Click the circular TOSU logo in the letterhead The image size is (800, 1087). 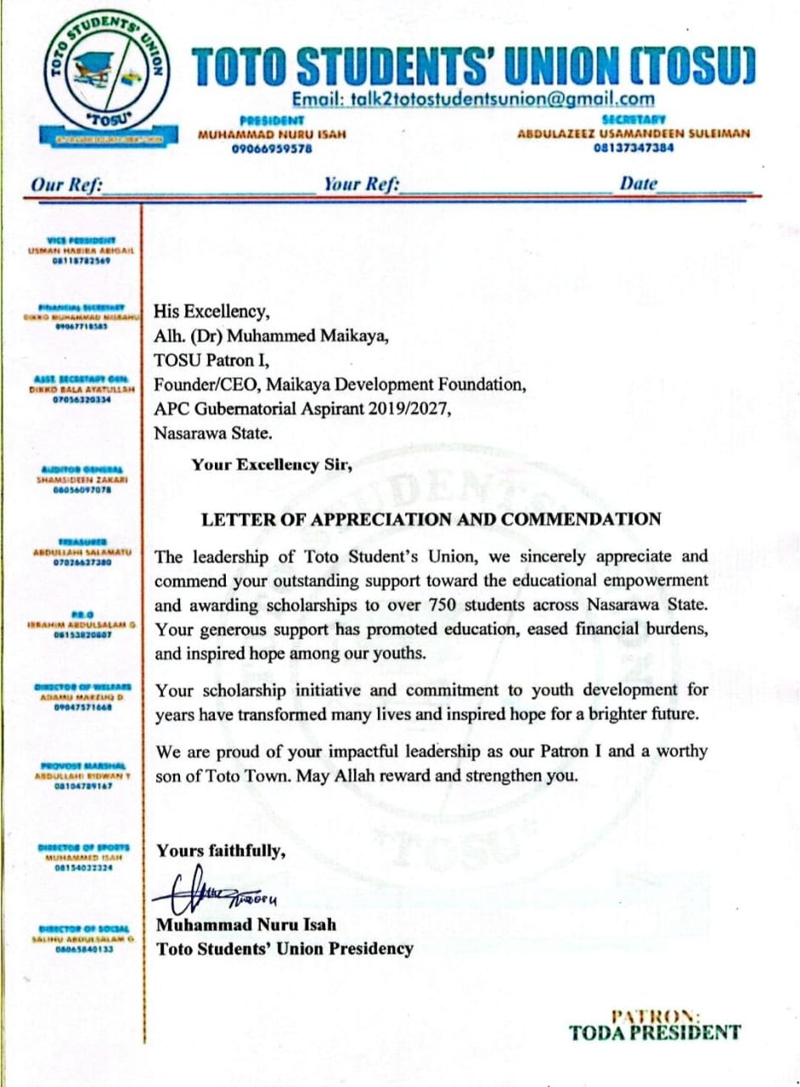tap(107, 82)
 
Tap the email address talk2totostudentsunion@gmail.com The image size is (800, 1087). tap(473, 99)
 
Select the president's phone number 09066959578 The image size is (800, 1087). tap(272, 149)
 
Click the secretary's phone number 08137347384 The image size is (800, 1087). tap(634, 147)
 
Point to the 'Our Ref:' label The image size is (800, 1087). tap(66, 184)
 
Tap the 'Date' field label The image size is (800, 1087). tap(639, 183)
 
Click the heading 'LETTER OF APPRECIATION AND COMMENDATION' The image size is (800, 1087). tap(431, 519)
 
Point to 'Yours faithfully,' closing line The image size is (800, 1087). tap(221, 850)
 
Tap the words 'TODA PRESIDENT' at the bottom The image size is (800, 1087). tap(655, 1033)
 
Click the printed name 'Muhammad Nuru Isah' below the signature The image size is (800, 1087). tap(246, 925)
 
